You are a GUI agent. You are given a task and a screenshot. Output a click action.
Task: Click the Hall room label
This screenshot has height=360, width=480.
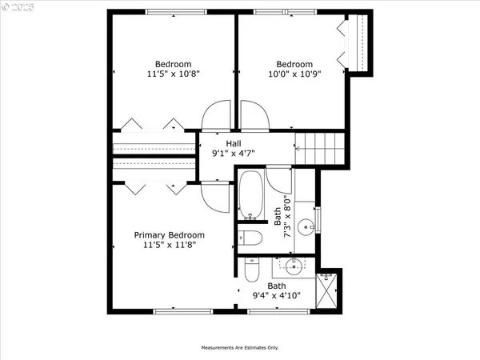click(233, 142)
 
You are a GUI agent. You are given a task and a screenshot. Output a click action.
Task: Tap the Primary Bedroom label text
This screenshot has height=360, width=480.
click(169, 235)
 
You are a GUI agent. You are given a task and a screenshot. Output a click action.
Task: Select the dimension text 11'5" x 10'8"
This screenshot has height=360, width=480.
click(173, 74)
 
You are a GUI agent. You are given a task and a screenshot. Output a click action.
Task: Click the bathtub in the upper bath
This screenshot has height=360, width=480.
click(250, 195)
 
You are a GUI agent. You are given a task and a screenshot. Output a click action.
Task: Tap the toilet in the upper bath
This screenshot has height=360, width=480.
click(250, 237)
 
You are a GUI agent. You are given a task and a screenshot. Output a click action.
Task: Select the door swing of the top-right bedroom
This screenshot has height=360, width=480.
click(252, 116)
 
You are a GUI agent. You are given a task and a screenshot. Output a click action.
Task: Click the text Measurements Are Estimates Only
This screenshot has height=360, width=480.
click(239, 348)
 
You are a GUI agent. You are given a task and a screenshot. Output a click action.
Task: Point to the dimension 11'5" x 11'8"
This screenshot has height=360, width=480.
click(169, 246)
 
